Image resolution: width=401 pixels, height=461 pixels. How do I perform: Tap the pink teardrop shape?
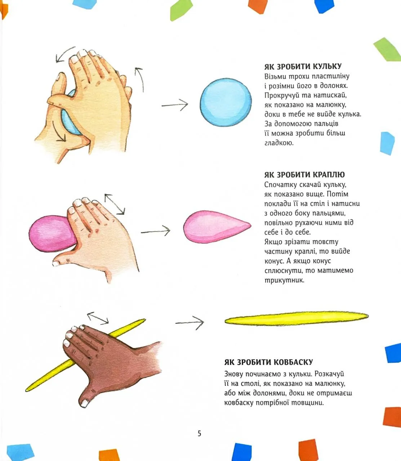(x=217, y=227)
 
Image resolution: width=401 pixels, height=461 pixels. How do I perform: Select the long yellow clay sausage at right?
(x=297, y=318)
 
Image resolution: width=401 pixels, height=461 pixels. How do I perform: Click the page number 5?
(x=199, y=433)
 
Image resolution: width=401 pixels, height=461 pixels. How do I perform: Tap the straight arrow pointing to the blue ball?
(x=175, y=105)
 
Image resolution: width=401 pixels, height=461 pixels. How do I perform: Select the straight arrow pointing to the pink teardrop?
(x=156, y=231)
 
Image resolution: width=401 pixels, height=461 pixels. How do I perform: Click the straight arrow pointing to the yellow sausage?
(x=190, y=323)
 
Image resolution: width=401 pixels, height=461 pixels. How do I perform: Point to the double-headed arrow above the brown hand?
(x=98, y=318)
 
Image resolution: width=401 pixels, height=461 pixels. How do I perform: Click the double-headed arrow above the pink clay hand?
(x=115, y=204)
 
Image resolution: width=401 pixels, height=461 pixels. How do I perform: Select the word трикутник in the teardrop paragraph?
(x=285, y=281)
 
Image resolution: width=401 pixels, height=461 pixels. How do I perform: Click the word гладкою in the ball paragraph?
(x=279, y=143)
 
